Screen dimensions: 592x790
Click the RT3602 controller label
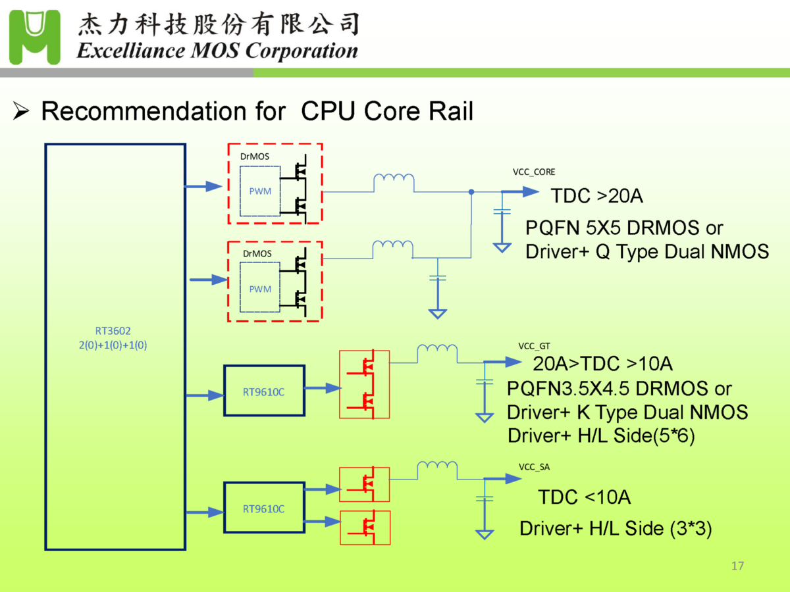113,332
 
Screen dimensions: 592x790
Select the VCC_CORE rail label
534,172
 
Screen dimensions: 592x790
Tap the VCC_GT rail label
534,346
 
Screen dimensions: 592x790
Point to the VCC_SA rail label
534,468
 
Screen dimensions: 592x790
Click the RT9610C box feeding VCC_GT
264,391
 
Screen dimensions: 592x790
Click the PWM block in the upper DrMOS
260,191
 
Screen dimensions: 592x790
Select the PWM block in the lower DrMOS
260,289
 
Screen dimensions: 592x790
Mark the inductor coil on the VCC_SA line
437,468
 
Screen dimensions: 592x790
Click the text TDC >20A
596,196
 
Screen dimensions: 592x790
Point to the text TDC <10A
584,497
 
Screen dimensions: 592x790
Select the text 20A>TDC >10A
602,364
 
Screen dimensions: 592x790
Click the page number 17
737,566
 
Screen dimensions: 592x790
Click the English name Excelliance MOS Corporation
217,51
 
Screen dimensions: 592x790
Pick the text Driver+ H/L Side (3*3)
616,529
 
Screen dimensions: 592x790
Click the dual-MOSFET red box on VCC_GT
364,385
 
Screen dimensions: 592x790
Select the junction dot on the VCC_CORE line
471,192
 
